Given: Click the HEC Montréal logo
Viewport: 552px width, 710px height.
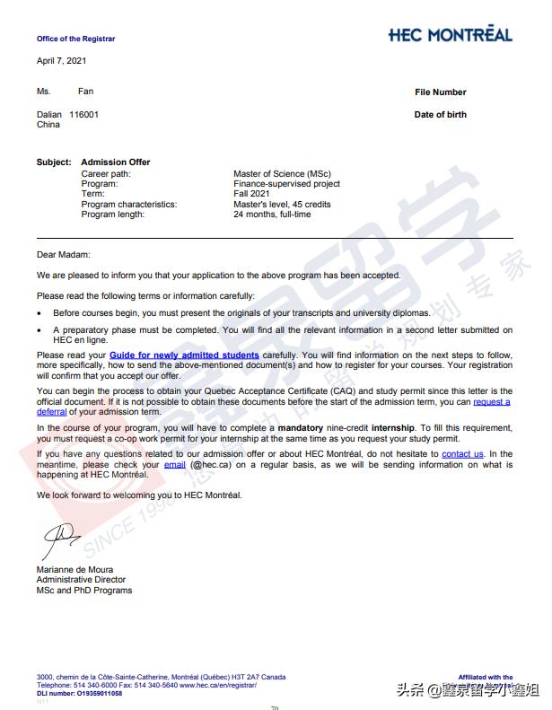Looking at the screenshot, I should point(450,35).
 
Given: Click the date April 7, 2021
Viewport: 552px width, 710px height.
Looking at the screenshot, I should point(62,60).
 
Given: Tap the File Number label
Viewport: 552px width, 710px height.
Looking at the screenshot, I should point(440,92).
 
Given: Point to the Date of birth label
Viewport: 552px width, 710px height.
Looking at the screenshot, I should point(440,115).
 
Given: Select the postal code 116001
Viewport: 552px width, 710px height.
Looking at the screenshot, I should point(84,115).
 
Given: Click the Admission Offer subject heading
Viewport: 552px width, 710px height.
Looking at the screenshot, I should point(116,162).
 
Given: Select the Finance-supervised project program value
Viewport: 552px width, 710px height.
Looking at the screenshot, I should point(286,184).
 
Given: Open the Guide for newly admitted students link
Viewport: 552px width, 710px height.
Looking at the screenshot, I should point(184,355).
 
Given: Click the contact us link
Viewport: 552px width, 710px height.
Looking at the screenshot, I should point(462,454).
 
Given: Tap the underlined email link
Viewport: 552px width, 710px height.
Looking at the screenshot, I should point(174,465).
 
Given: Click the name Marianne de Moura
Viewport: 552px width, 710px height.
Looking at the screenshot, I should point(79,570).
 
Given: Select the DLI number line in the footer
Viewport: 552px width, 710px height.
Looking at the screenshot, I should point(80,694).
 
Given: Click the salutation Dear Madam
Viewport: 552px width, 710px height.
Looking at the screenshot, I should point(64,255).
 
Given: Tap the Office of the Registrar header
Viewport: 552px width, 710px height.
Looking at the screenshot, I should point(75,39).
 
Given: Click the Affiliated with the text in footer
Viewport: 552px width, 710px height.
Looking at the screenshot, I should point(485,677).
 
